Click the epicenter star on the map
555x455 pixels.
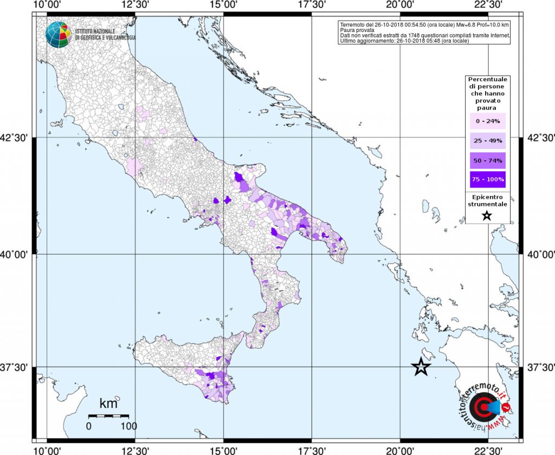[421, 367]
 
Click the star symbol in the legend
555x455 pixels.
[486, 216]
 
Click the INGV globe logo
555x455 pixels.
[58, 35]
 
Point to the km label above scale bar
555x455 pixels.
[108, 403]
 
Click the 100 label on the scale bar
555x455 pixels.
[128, 426]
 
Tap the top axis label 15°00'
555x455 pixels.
[223, 5]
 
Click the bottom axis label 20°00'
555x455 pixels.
[400, 450]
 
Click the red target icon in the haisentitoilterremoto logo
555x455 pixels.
[481, 407]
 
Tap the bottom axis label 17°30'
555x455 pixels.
[312, 450]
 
